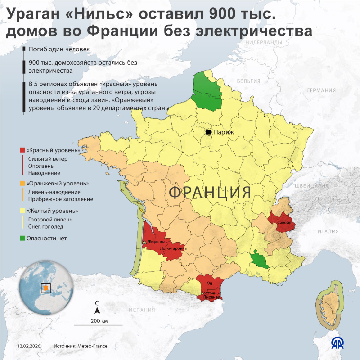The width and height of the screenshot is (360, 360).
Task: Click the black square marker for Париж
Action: tap(208, 132)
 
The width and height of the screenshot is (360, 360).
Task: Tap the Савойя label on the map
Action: tap(284, 223)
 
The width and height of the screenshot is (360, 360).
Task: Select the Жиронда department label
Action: tap(157, 242)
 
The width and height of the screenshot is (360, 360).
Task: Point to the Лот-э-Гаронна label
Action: tap(173, 249)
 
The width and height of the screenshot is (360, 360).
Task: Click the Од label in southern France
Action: tap(210, 283)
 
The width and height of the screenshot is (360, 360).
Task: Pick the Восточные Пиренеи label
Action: tap(211, 295)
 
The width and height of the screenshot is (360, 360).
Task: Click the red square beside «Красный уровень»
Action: tap(22, 150)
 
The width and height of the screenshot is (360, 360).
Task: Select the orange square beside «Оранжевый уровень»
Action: tap(22, 183)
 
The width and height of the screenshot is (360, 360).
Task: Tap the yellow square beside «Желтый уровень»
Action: tap(22, 211)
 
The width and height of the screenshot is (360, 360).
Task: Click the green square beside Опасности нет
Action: tap(22, 238)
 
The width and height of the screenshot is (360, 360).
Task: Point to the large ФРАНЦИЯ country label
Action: tap(210, 193)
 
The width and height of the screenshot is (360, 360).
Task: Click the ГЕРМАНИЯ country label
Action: tap(321, 91)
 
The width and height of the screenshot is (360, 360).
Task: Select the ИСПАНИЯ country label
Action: tap(142, 310)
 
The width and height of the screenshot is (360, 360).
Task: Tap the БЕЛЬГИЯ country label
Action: tap(248, 81)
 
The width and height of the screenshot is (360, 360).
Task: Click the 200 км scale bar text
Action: tap(99, 321)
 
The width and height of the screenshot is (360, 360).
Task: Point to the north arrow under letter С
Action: tap(97, 310)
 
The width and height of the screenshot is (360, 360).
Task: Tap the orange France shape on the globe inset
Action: tap(46, 288)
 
